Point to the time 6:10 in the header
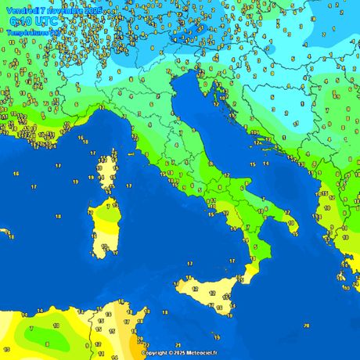16,22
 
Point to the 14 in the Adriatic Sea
266,164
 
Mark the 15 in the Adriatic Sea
251,165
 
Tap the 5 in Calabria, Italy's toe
252,256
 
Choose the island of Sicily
207,293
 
